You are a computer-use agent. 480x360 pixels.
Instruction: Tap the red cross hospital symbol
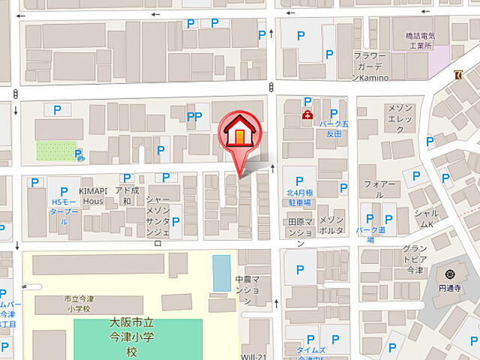[307, 115]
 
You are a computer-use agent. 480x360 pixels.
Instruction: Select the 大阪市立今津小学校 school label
[133, 337]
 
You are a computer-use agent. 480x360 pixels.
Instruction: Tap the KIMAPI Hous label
[91, 196]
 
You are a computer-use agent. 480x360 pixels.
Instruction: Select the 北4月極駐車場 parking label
[298, 197]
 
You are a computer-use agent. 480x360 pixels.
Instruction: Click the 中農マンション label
[246, 289]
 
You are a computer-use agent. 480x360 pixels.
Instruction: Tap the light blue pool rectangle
[221, 273]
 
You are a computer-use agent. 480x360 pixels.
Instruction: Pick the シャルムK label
[426, 218]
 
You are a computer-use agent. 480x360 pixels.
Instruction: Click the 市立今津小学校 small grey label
[76, 303]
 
